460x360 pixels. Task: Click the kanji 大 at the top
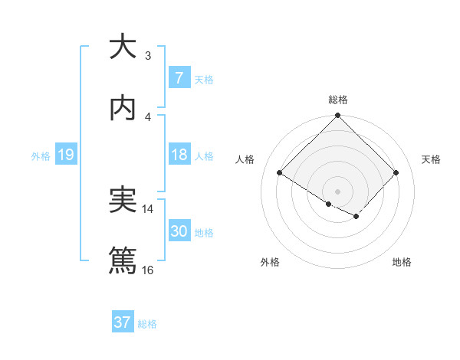(123, 47)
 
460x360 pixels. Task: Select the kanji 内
(123, 108)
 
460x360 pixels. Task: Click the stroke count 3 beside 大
(148, 56)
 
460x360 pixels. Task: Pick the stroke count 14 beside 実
(148, 208)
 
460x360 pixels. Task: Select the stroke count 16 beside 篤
(148, 270)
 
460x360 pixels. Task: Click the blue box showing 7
(179, 78)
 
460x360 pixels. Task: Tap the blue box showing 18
(179, 155)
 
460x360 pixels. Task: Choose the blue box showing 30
(179, 231)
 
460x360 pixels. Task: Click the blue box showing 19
(65, 155)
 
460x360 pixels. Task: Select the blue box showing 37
(122, 322)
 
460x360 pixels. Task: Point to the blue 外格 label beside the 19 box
(41, 156)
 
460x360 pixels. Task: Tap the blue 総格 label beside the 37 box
(147, 324)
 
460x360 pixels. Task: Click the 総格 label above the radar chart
(338, 100)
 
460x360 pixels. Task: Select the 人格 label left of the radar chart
(246, 159)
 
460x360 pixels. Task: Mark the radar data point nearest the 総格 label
(338, 116)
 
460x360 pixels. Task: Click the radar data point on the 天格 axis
(396, 173)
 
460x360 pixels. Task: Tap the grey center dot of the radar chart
(338, 191)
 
